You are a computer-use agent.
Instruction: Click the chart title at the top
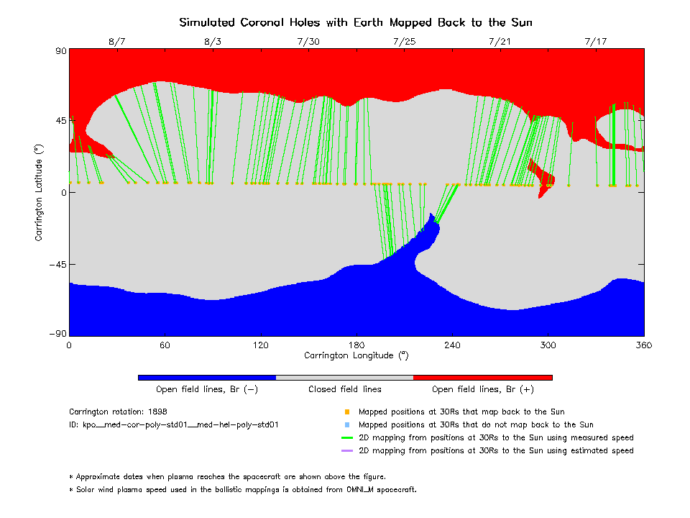(x=359, y=22)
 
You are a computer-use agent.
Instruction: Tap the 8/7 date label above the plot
(x=117, y=42)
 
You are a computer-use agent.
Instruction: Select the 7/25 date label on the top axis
(x=404, y=42)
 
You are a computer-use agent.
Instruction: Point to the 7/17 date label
(x=596, y=42)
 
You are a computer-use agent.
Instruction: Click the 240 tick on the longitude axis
(x=452, y=345)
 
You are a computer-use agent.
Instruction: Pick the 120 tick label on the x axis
(x=260, y=345)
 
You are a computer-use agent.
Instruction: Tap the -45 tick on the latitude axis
(x=56, y=264)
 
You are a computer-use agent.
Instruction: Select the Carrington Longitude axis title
(x=356, y=355)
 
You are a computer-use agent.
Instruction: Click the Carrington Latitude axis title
(x=40, y=192)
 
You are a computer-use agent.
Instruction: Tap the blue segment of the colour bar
(x=206, y=377)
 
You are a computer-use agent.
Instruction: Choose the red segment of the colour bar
(x=482, y=377)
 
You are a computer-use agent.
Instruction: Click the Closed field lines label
(x=345, y=389)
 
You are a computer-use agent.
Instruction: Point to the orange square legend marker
(x=346, y=412)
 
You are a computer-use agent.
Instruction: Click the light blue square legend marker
(x=346, y=425)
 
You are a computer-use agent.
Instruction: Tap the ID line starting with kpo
(x=173, y=425)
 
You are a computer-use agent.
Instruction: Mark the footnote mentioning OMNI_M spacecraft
(x=242, y=489)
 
